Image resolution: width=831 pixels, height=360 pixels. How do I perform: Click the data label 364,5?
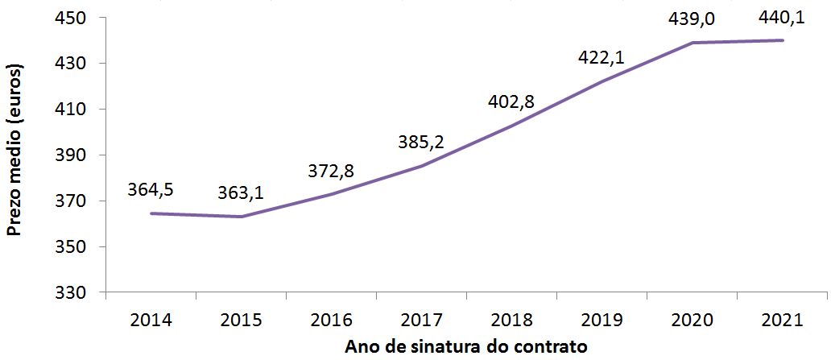pos(151,190)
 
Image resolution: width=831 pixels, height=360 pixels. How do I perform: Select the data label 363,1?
pos(241,193)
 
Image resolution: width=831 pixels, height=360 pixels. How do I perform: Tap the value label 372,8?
pos(331,171)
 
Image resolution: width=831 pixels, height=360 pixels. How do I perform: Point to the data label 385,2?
pos(421,143)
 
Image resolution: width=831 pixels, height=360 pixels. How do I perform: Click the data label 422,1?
pos(602,57)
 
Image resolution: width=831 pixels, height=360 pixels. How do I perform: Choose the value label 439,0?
pos(692,19)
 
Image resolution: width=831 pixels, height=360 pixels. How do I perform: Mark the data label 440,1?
pos(782,17)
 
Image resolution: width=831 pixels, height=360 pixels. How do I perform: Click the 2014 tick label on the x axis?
pos(151,320)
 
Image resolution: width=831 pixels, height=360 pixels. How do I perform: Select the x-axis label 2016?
pos(331,320)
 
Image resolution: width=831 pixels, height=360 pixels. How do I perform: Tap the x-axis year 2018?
pos(511,320)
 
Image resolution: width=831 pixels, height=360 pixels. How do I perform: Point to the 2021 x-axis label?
pos(782,320)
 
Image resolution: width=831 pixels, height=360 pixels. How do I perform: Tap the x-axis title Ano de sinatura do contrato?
pos(466,347)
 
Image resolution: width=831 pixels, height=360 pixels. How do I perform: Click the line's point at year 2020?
pos(692,43)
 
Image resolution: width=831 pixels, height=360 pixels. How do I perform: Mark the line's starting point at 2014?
pos(151,213)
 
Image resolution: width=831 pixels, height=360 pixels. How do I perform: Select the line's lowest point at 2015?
pos(241,217)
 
